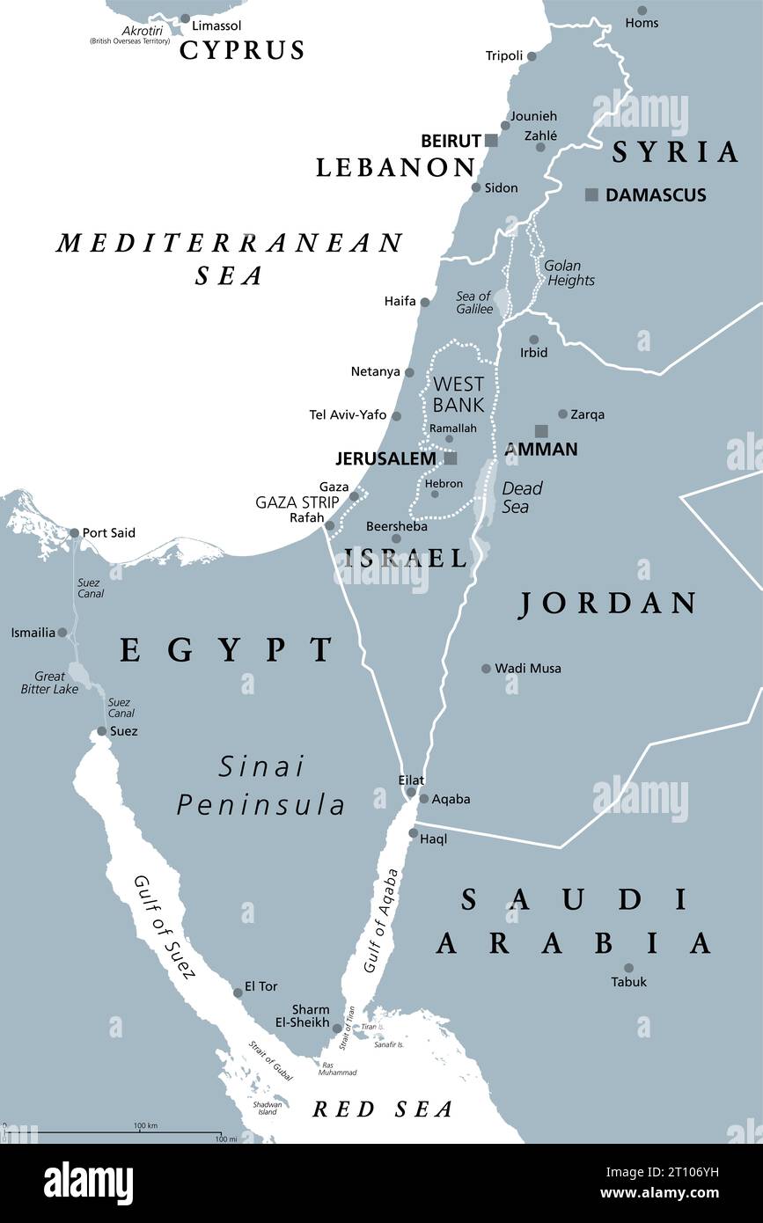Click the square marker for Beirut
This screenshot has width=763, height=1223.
pyautogui.click(x=491, y=141)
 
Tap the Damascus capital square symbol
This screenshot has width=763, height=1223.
pyautogui.click(x=591, y=194)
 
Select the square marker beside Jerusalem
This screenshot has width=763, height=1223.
pyautogui.click(x=451, y=458)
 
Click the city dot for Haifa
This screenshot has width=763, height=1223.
pyautogui.click(x=424, y=302)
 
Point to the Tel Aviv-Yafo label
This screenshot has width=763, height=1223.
pyautogui.click(x=348, y=414)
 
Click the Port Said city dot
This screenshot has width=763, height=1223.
pyautogui.click(x=74, y=532)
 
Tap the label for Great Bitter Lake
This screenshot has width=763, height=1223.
pyautogui.click(x=49, y=683)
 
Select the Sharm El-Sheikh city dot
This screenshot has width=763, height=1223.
pyautogui.click(x=337, y=1027)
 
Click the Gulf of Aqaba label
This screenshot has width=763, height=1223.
pyautogui.click(x=380, y=920)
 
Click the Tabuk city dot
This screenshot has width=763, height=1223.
pyautogui.click(x=628, y=968)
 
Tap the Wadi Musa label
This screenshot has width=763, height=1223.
pyautogui.click(x=528, y=669)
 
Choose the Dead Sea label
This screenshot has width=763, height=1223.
pyautogui.click(x=522, y=497)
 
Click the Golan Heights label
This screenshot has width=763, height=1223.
pyautogui.click(x=569, y=273)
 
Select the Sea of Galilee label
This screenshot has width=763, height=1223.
pyautogui.click(x=473, y=303)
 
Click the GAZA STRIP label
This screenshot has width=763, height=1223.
pyautogui.click(x=297, y=502)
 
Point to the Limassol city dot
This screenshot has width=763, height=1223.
pyautogui.click(x=185, y=18)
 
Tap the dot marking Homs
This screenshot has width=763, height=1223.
pyautogui.click(x=642, y=11)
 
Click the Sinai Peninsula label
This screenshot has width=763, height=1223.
pyautogui.click(x=261, y=786)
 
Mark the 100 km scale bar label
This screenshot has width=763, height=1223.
pyautogui.click(x=145, y=1126)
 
